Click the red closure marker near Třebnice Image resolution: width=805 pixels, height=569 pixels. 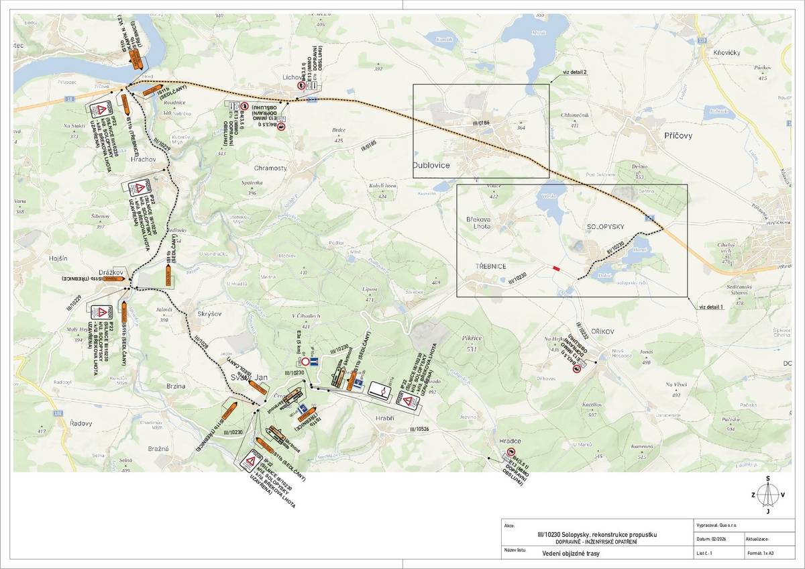pos(555,268)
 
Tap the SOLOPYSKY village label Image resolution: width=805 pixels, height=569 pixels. pos(605,227)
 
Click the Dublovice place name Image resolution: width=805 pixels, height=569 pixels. pos(431,165)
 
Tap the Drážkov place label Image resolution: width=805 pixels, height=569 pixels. pos(111,272)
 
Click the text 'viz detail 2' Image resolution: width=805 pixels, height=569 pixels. pos(575,72)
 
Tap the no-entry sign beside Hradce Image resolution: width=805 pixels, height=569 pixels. pos(511,452)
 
